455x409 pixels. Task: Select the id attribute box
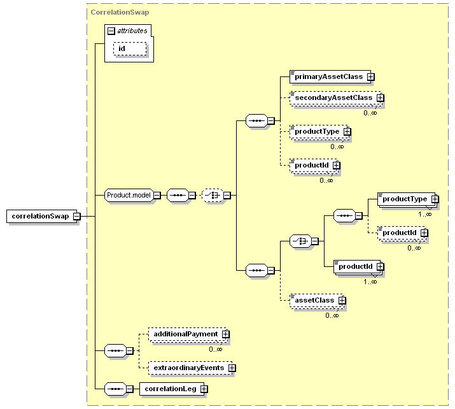click(x=130, y=48)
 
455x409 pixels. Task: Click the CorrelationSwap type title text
click(x=120, y=12)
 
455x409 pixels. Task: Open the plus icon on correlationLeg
click(x=204, y=389)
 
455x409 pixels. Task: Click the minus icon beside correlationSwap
click(x=77, y=217)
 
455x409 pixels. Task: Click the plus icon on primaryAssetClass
click(x=370, y=76)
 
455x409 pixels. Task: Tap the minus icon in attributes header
click(x=111, y=31)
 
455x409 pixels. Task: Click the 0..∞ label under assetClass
click(x=332, y=315)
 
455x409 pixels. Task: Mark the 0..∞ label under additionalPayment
click(x=216, y=349)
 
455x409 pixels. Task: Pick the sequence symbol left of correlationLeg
click(x=115, y=389)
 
